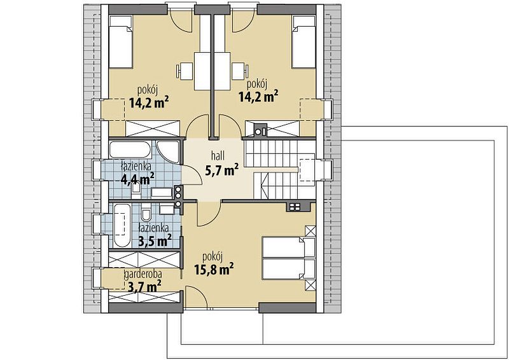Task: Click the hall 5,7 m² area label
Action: point(222,163)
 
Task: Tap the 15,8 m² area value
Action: point(214,269)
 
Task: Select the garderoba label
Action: point(143,275)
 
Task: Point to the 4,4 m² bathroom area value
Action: point(137,178)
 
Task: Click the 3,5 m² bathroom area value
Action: point(155,240)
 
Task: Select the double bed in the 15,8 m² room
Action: point(289,258)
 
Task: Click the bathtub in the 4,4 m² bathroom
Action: point(130,149)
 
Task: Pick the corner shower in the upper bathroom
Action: point(168,151)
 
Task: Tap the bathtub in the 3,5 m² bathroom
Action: point(122,225)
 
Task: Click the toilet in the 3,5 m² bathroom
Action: point(146,212)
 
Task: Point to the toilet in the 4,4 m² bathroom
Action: point(136,190)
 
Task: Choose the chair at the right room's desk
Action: point(241,71)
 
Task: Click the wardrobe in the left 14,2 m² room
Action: point(153,128)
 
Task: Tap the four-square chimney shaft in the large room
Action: point(294,207)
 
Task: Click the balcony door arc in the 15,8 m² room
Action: point(197,297)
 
